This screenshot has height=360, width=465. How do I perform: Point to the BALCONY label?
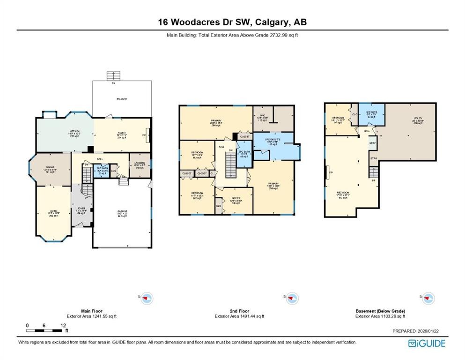pos(122,99)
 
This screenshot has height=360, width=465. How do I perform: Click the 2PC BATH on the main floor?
pos(102,172)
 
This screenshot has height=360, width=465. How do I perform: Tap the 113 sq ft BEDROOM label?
pos(197,155)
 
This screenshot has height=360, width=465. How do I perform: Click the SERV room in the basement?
pos(373,143)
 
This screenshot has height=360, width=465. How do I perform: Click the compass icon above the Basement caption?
pos(423,298)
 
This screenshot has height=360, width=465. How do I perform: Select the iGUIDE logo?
pos(427,343)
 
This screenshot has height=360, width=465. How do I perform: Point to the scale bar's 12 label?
pos(62,325)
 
